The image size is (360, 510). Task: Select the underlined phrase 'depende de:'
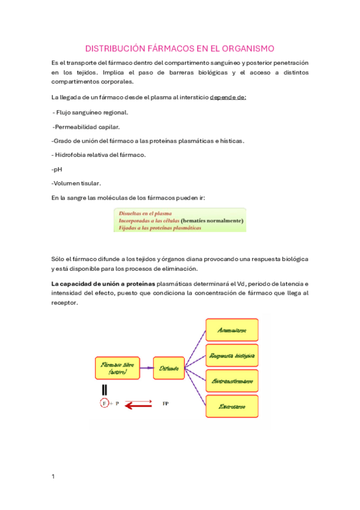(x=227, y=97)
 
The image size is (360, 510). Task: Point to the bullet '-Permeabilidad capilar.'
(x=86, y=126)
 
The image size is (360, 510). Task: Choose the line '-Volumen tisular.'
(x=76, y=183)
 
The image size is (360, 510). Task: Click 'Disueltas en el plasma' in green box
(x=145, y=214)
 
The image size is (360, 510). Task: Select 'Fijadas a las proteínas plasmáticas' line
(x=160, y=228)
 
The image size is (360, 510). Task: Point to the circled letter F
(x=105, y=404)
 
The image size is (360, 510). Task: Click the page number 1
(x=53, y=476)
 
